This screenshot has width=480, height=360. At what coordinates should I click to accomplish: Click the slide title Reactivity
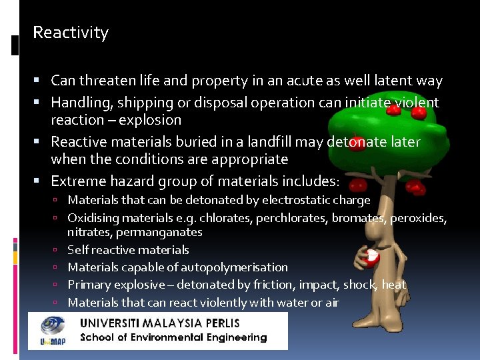pyautogui.click(x=71, y=33)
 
